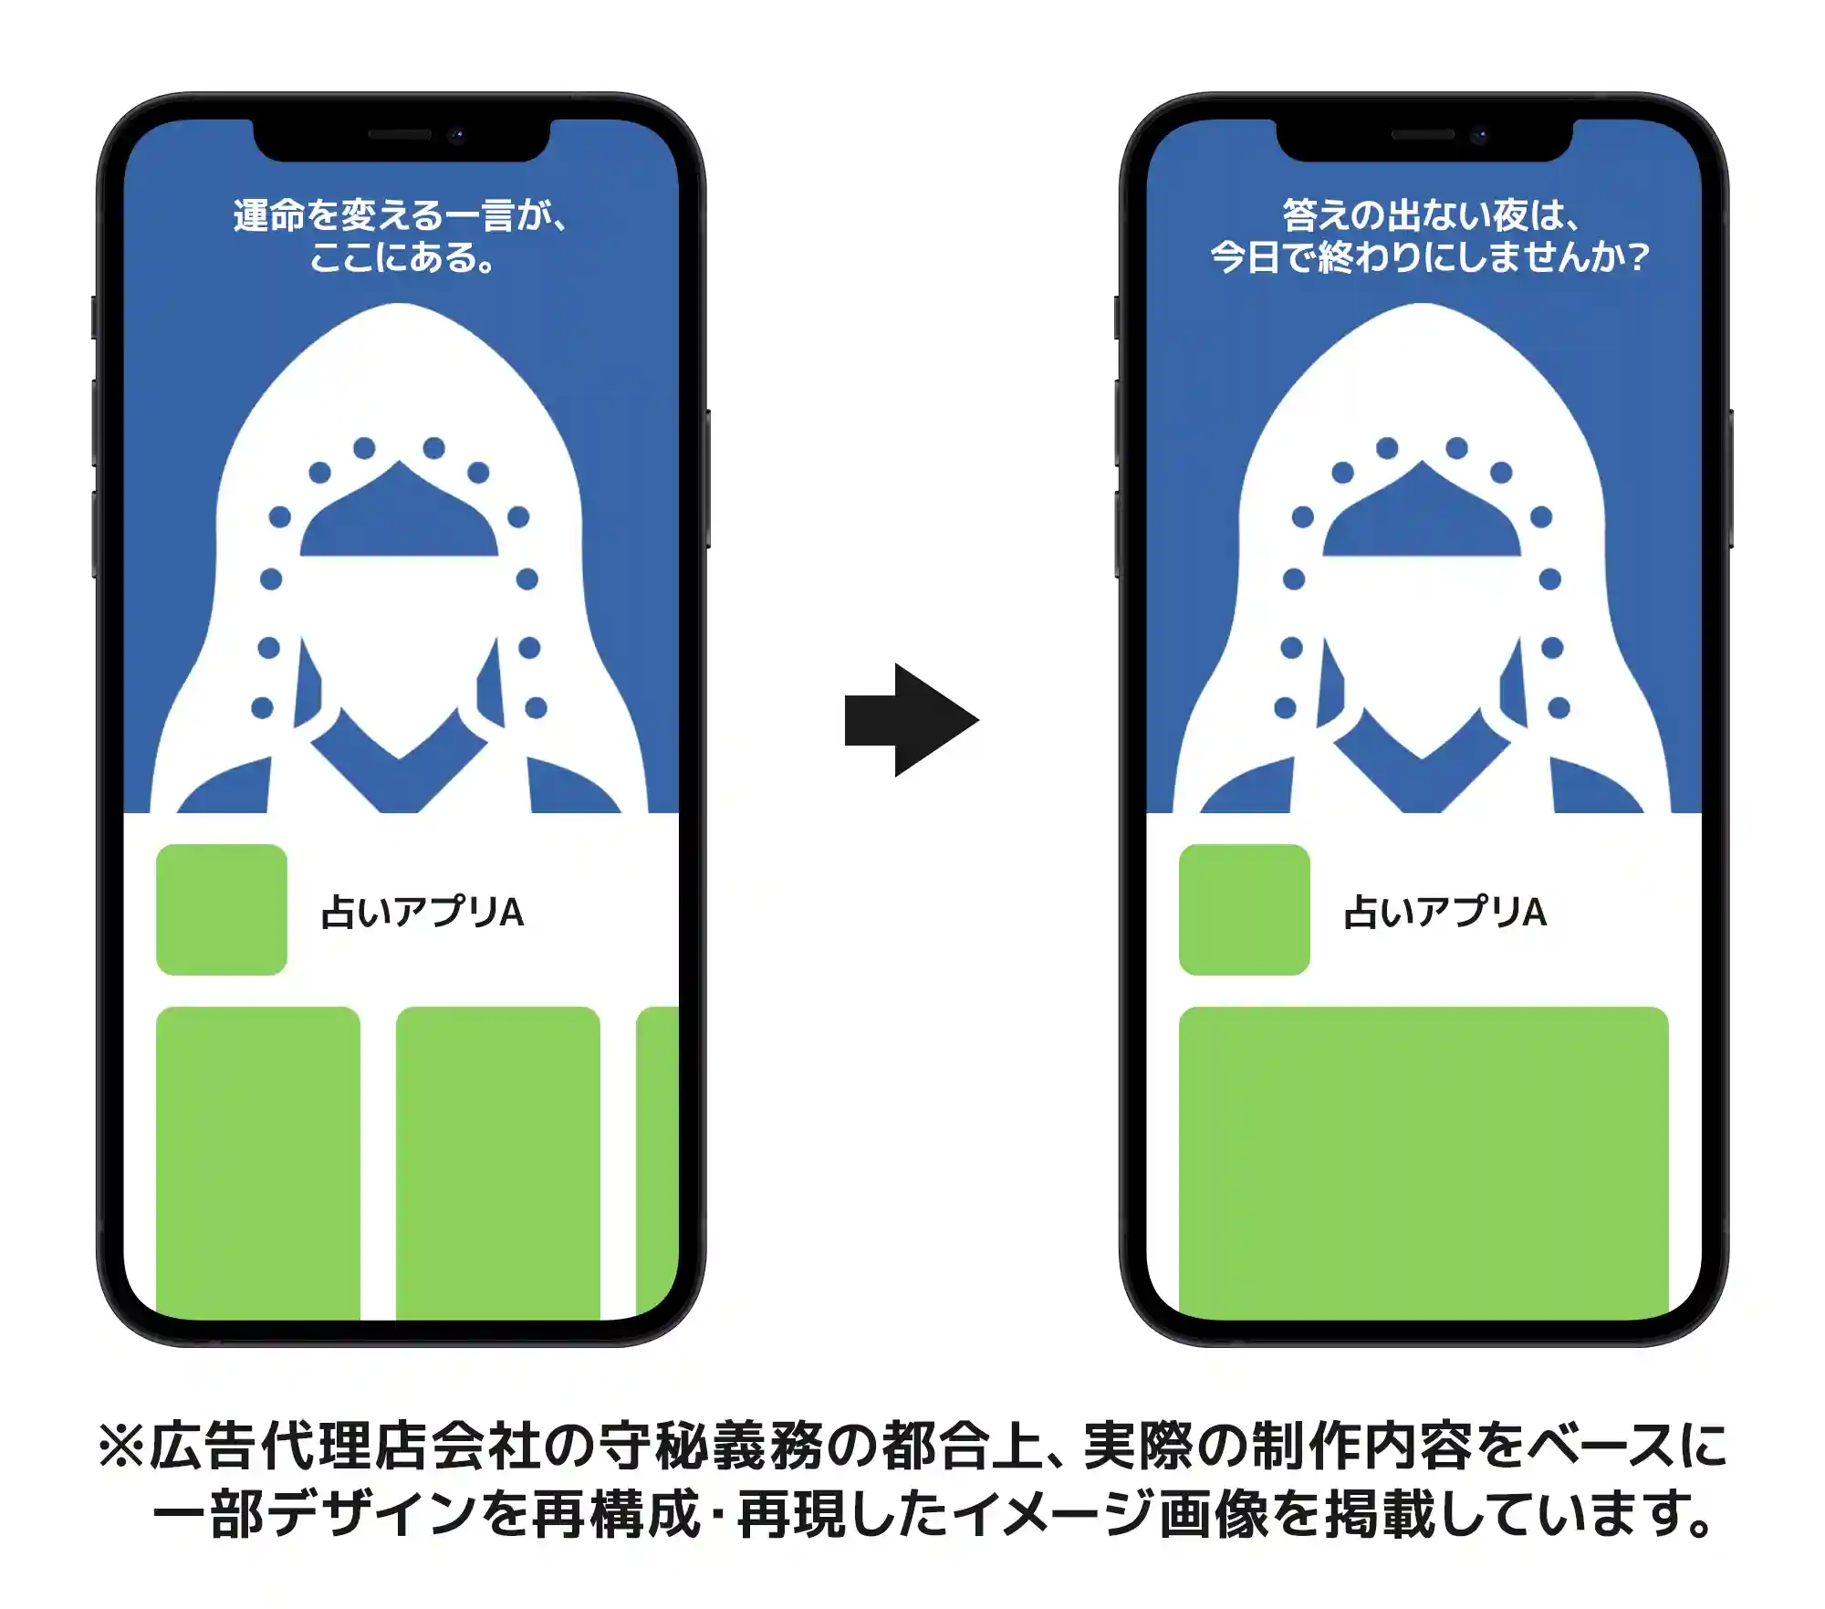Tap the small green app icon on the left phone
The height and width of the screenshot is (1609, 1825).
coord(222,910)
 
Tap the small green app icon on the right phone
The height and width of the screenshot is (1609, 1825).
coord(1245,910)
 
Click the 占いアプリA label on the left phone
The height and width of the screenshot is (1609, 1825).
coord(422,912)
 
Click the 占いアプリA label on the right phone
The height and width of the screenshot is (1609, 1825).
coord(1445,912)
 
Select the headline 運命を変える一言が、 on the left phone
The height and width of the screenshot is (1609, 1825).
coord(401,215)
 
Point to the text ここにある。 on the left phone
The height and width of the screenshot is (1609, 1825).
coord(401,257)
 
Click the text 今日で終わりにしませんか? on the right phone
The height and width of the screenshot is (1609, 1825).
coord(1430,257)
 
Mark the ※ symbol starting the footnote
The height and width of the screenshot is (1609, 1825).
coord(121,1447)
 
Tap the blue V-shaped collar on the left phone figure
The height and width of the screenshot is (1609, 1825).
coord(399,767)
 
